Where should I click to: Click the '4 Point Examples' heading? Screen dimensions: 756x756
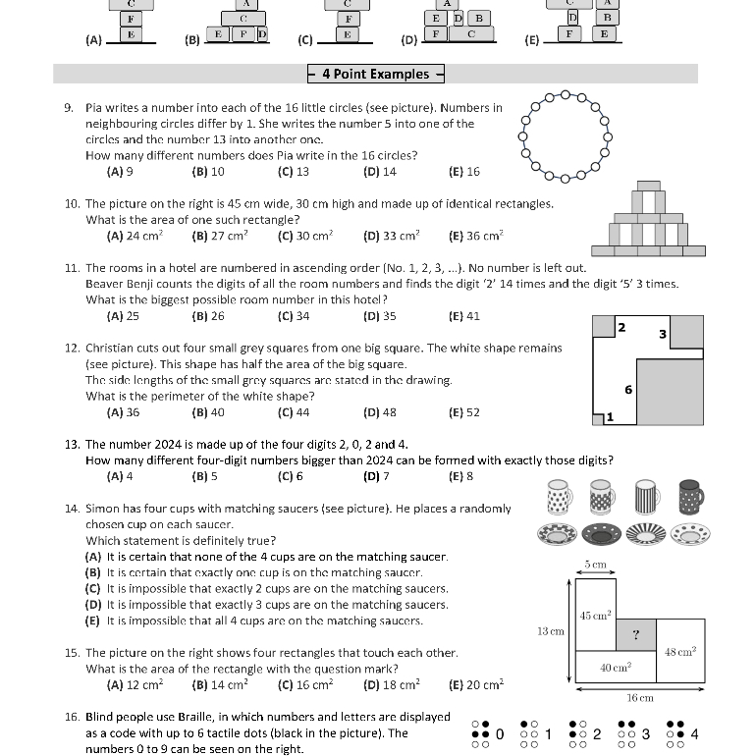(x=376, y=74)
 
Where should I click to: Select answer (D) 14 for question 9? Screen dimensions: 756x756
(x=379, y=171)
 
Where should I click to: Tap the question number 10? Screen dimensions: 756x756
(x=72, y=204)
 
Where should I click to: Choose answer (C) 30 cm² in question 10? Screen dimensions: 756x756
(x=305, y=236)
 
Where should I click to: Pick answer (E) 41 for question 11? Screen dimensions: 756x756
(x=463, y=316)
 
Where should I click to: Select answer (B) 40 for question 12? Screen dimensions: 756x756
(x=208, y=412)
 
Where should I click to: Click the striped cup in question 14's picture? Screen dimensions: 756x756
(x=646, y=498)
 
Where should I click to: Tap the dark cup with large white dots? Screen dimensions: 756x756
(x=691, y=498)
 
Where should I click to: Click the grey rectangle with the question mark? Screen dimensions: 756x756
(x=636, y=635)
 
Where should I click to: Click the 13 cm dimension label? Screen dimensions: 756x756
(x=550, y=631)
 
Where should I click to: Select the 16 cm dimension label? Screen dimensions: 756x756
(x=639, y=698)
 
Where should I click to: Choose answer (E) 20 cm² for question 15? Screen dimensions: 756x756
(x=475, y=685)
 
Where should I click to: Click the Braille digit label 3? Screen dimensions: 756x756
(x=645, y=734)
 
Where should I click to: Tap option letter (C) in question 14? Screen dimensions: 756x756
(x=93, y=588)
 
